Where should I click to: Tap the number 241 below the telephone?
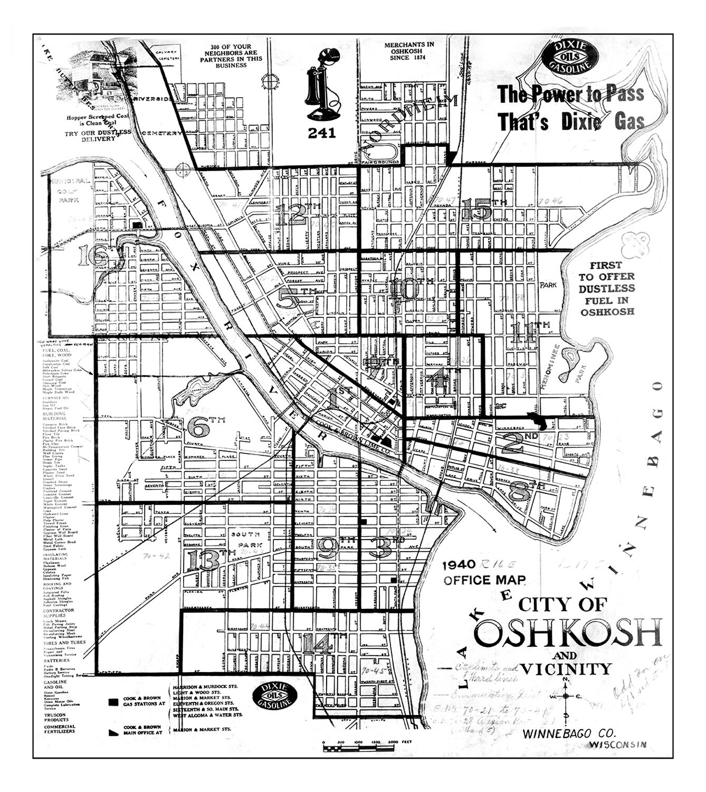[321, 133]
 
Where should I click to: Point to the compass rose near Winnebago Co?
[566, 696]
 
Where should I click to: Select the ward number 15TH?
[482, 209]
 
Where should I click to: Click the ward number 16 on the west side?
[93, 257]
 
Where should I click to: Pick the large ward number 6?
[197, 427]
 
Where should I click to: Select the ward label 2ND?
[519, 442]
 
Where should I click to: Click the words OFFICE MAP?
[484, 580]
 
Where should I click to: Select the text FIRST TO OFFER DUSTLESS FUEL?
[606, 288]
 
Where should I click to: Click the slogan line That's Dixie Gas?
[571, 122]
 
